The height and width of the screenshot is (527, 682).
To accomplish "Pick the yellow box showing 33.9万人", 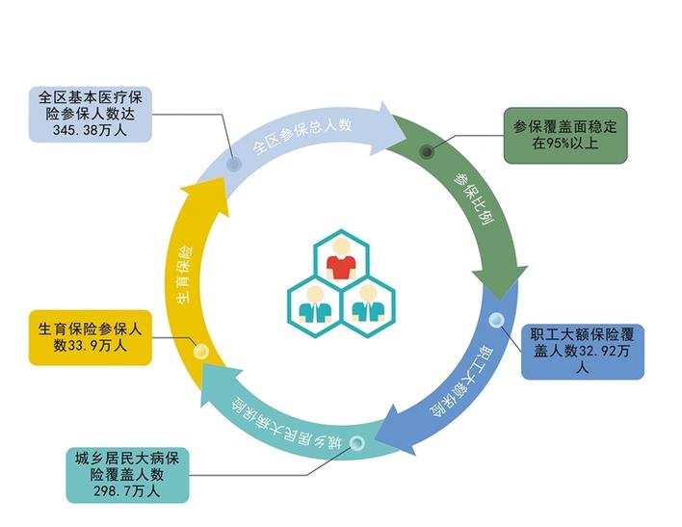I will [91, 336].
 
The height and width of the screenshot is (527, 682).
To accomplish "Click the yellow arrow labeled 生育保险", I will [194, 275].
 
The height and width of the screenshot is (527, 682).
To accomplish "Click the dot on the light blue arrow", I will [234, 165].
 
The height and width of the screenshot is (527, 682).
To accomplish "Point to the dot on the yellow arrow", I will [200, 352].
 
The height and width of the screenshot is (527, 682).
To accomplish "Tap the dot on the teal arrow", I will [357, 443].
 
